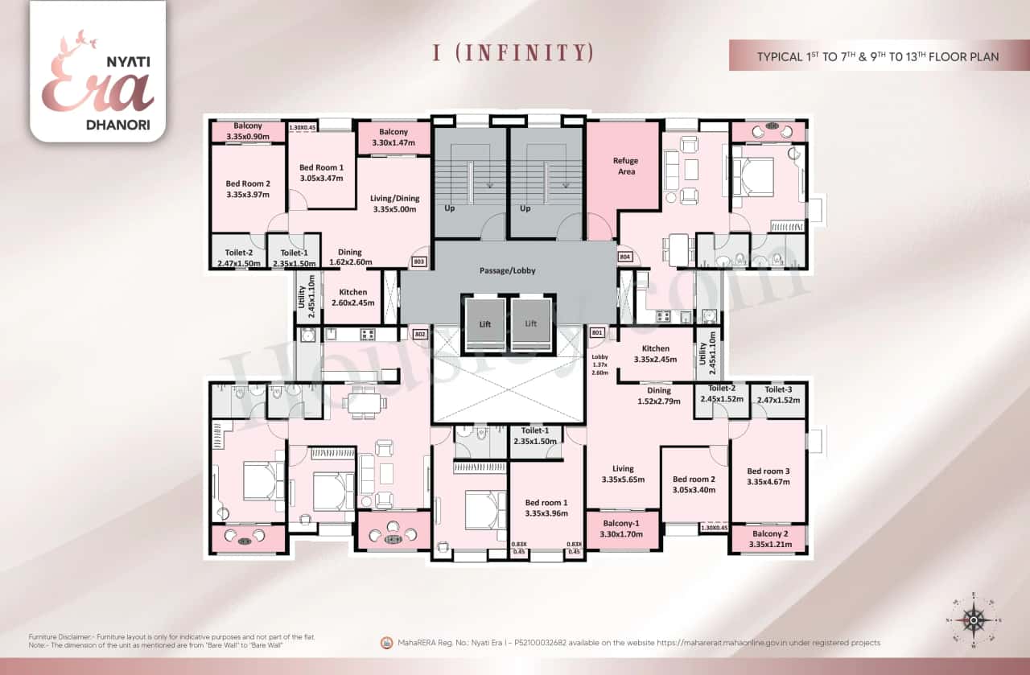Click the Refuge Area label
(626, 166)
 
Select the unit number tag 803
(418, 261)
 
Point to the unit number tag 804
(625, 257)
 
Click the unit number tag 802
(418, 334)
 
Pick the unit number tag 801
(596, 332)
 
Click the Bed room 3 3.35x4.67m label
(768, 476)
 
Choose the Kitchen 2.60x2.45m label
(349, 298)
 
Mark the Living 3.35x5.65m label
(623, 474)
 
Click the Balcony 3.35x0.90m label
(247, 132)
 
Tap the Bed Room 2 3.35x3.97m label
(247, 189)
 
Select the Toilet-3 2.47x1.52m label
(779, 394)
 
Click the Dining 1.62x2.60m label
(349, 257)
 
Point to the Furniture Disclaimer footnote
(161, 640)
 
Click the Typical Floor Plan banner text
(877, 56)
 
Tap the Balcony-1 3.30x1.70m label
(623, 529)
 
